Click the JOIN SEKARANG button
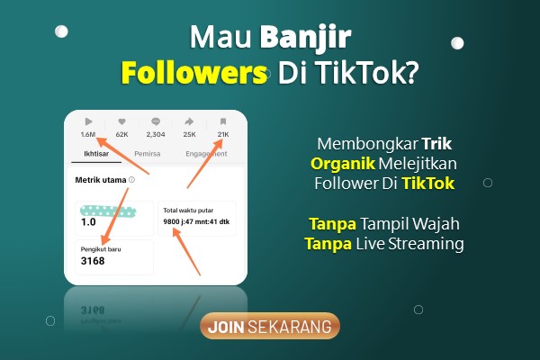coord(270,326)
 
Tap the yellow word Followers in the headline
coord(194,73)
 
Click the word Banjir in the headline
coord(305,38)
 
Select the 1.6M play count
coord(88,134)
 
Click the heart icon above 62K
coord(121,121)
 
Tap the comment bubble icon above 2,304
coord(156,121)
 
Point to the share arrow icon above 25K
coord(189,121)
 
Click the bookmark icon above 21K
coord(223,121)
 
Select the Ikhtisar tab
coord(96,154)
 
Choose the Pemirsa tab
coord(148,154)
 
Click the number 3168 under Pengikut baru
coord(93,261)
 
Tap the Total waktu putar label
coord(188,210)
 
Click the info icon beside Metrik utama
coord(131,179)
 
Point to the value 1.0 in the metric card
coord(88,222)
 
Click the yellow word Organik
coord(343,164)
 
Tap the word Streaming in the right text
coord(426,244)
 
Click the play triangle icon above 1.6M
coord(88,121)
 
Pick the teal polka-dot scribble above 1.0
coord(108,211)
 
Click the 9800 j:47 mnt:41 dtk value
coord(196,221)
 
